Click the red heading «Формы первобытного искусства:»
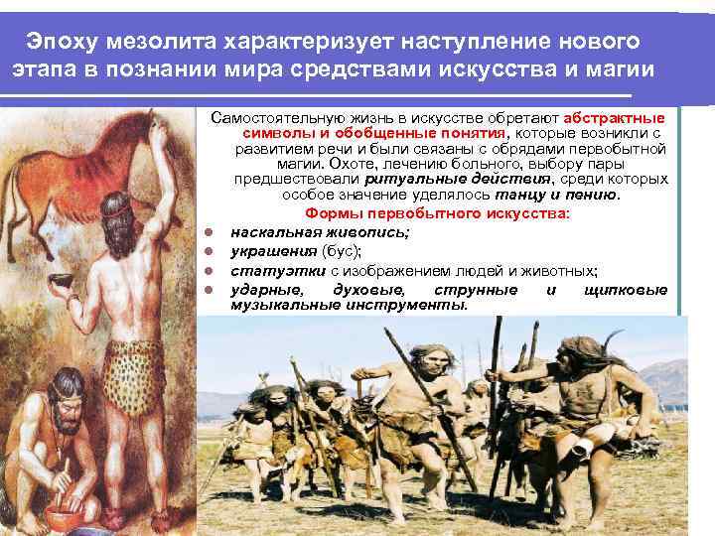pos(438,212)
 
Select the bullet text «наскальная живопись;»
pos(306,231)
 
